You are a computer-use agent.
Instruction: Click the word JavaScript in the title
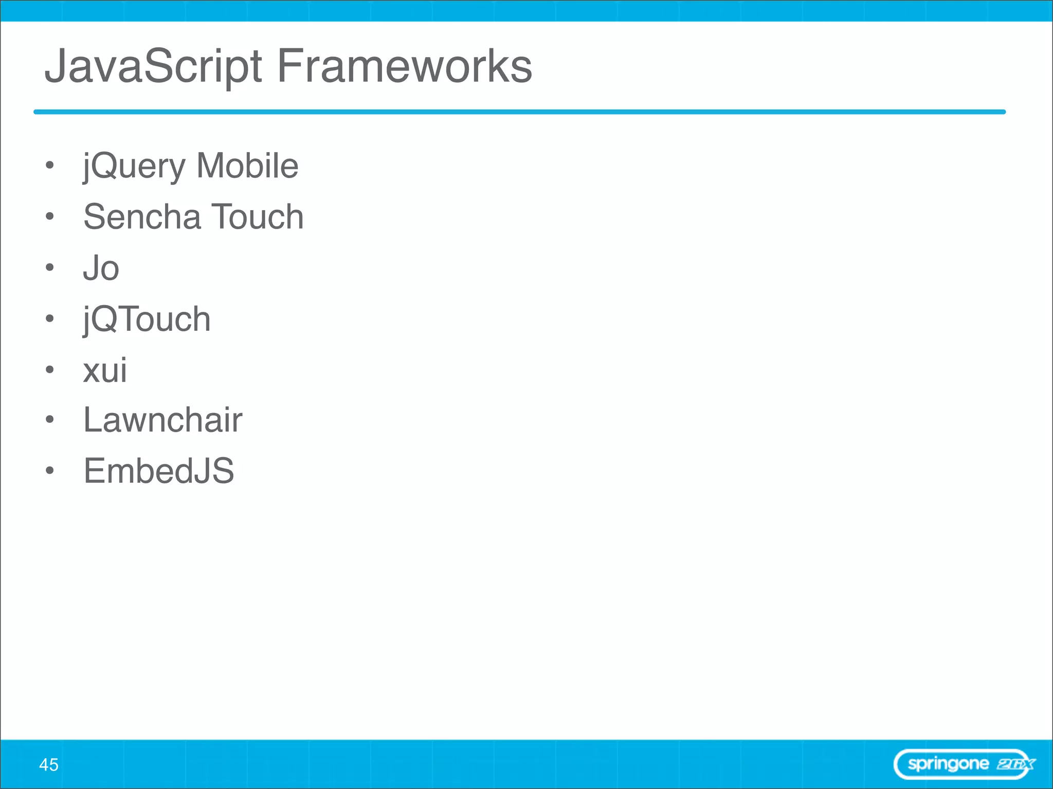pos(153,67)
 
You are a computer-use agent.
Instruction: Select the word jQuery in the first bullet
pos(134,166)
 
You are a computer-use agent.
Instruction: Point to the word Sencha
pos(142,217)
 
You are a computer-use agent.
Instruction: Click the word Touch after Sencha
pos(258,217)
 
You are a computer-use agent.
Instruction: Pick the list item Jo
pos(101,268)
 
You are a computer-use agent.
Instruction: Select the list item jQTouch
pos(147,320)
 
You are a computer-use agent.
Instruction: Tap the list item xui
pos(105,370)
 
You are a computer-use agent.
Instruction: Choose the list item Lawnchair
pos(162,420)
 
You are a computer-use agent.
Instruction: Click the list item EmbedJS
pos(158,471)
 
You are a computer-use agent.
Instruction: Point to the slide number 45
pos(49,765)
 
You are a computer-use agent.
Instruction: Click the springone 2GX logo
pos(965,764)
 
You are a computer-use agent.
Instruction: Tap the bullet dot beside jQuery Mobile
pos(49,165)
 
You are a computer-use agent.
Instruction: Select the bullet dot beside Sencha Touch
pos(49,216)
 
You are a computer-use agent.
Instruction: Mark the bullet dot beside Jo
pos(49,267)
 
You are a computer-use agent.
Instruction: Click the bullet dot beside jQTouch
pos(49,318)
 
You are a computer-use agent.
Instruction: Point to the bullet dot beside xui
pos(49,369)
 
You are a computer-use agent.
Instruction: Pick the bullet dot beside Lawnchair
pos(49,420)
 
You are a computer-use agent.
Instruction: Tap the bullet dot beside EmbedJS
pos(49,471)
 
